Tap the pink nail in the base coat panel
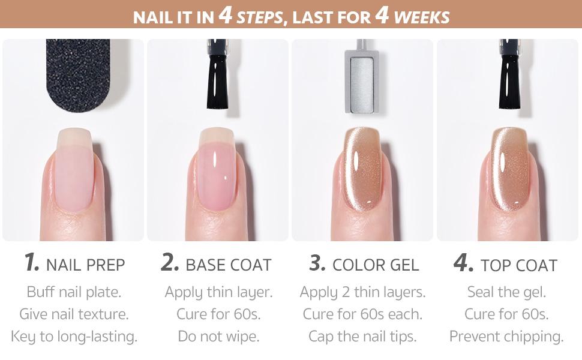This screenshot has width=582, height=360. click(x=217, y=169)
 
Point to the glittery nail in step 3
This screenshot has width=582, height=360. click(x=362, y=169)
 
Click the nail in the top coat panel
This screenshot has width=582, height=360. click(x=509, y=169)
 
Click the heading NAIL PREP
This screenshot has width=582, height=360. click(x=85, y=265)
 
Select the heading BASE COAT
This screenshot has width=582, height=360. click(x=228, y=265)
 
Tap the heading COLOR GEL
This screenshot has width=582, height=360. click(x=376, y=265)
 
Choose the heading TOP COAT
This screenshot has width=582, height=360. click(x=519, y=265)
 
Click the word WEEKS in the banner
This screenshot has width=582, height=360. click(x=422, y=17)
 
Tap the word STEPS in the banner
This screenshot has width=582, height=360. click(x=259, y=17)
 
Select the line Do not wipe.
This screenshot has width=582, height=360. click(x=218, y=336)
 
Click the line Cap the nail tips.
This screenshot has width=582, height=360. click(x=362, y=337)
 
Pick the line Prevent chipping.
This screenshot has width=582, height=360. click(x=506, y=337)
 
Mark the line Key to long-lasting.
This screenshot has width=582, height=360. click(x=74, y=337)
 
